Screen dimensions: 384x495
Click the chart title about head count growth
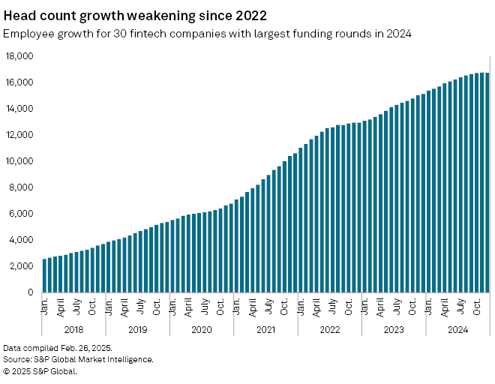(135, 15)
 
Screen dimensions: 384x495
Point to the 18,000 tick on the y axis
(20, 56)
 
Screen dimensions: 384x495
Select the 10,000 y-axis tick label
(20, 161)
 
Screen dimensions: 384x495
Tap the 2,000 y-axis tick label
(22, 266)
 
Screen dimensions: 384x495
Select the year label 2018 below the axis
(73, 328)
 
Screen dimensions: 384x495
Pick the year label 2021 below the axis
(265, 328)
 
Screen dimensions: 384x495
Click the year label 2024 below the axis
(457, 328)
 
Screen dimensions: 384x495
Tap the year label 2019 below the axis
(137, 328)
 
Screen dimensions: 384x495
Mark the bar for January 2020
(172, 256)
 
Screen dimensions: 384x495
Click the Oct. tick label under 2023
(412, 307)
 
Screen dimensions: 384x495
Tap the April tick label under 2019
(124, 307)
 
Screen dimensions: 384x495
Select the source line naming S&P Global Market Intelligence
(78, 359)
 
